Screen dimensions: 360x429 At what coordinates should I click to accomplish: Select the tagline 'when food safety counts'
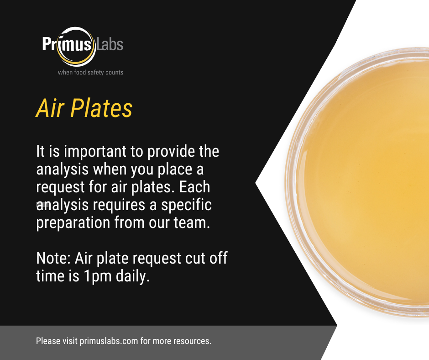point(90,72)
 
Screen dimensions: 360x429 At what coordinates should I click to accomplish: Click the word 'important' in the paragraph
point(87,152)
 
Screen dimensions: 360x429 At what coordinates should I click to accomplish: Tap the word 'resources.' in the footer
point(193,341)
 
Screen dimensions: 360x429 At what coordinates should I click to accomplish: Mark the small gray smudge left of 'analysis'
point(42,204)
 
